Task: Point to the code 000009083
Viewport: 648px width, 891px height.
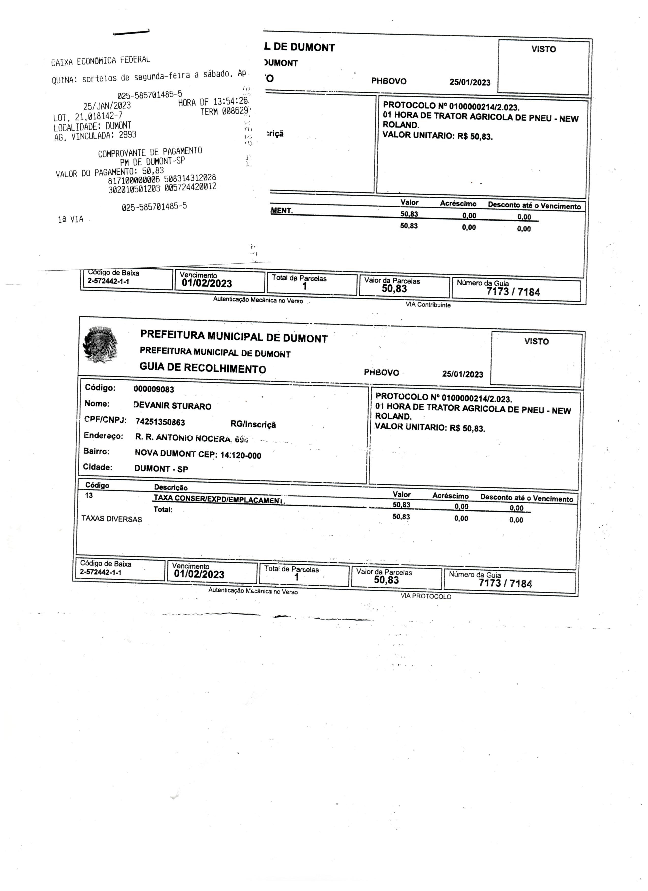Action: coord(154,389)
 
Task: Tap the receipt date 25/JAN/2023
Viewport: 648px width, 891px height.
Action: coord(107,106)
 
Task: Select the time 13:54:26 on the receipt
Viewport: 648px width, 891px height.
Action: coord(230,101)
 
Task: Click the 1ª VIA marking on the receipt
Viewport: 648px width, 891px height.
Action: coord(71,219)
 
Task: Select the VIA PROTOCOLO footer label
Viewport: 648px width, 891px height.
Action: coord(426,596)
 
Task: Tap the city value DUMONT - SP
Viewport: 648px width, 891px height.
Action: coord(161,469)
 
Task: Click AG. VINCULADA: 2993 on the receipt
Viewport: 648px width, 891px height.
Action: coord(95,135)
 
